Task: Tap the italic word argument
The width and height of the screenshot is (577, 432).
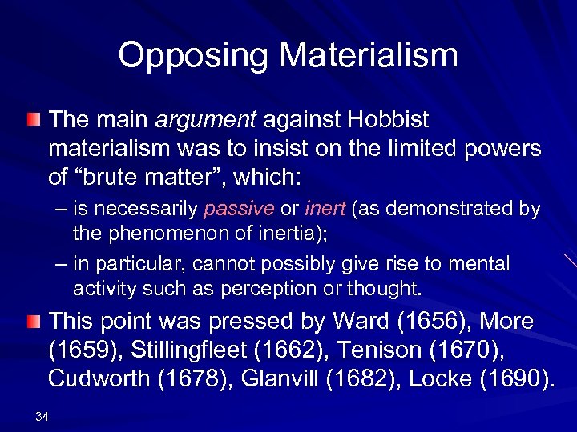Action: (205, 121)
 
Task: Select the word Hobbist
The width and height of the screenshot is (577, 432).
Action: (388, 121)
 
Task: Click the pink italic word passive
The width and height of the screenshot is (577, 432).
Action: (239, 210)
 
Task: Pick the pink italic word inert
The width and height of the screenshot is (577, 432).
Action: (324, 210)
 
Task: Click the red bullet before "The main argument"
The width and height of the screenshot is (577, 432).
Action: (31, 121)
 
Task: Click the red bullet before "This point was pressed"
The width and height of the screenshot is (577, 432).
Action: (31, 322)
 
